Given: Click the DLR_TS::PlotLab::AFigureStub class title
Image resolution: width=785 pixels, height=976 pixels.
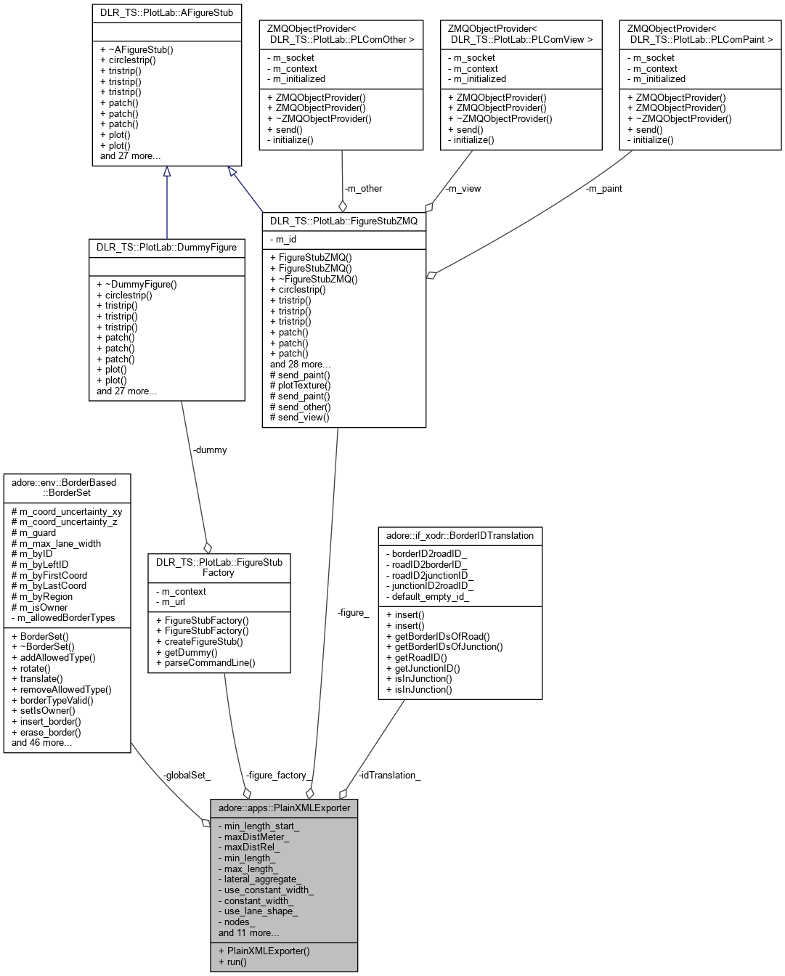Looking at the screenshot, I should (166, 13).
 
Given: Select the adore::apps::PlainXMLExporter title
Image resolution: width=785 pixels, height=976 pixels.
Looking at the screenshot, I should (284, 808).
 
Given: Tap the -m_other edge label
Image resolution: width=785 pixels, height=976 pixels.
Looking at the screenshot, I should (363, 188).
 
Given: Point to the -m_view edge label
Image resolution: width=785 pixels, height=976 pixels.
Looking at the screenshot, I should (463, 188).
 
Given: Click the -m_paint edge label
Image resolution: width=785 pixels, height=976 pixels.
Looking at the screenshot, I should (603, 188).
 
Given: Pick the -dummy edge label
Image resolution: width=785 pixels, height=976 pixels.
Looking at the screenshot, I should (210, 450).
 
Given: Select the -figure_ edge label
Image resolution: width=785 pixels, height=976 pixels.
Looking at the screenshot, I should (353, 612).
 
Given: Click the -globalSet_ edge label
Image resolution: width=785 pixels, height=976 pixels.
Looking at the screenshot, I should (187, 775).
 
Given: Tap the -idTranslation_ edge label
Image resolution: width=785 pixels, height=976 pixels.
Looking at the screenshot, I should (389, 775).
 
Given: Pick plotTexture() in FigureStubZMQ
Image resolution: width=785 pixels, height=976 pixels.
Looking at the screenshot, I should (304, 386).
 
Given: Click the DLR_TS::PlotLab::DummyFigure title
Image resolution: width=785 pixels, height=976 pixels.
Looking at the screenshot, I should (166, 247).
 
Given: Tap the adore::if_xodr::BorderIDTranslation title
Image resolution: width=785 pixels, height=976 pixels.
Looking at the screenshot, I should (460, 535).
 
